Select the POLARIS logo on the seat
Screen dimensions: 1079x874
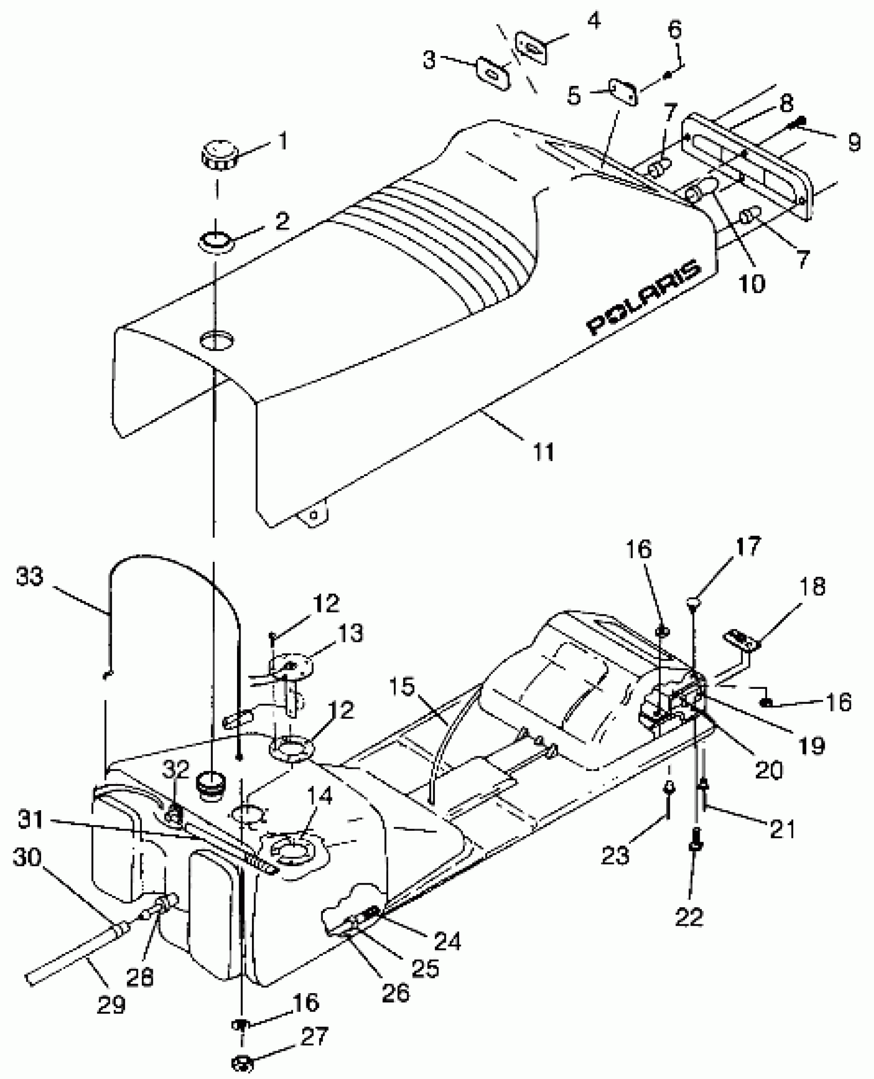click(x=644, y=297)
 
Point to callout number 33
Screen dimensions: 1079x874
click(x=29, y=577)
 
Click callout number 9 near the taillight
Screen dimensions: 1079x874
click(x=853, y=142)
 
